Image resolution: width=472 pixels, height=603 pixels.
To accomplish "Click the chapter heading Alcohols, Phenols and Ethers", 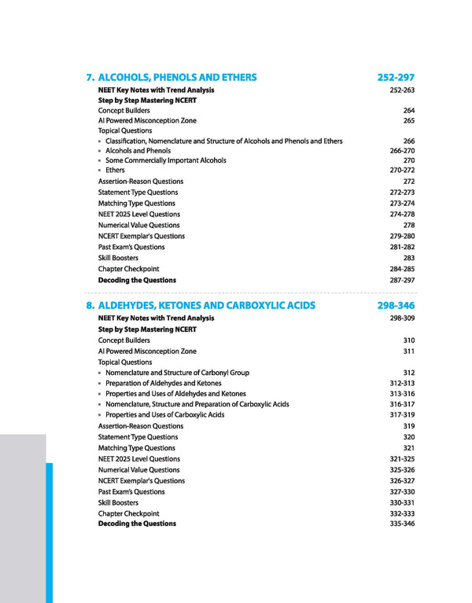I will (x=177, y=78).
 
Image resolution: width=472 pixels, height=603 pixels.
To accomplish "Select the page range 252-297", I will (x=396, y=78).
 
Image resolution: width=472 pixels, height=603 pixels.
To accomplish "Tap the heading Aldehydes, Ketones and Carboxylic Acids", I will (x=206, y=306).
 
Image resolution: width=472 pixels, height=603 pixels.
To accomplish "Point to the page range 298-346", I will (x=396, y=306).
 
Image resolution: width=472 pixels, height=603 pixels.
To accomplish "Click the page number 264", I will (x=408, y=111).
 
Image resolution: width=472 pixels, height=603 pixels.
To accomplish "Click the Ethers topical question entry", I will (x=115, y=171).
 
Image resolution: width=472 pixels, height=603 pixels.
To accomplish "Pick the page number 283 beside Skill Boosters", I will (x=408, y=258).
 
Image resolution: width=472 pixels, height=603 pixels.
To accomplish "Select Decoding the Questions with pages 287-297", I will (x=137, y=280).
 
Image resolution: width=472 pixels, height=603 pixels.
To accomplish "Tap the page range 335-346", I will (x=402, y=524).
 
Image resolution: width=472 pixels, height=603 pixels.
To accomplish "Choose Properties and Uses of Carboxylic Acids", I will (x=164, y=415).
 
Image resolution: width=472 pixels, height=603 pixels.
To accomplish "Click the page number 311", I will (x=408, y=351).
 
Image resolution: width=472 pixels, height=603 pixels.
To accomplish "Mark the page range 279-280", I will (x=402, y=236).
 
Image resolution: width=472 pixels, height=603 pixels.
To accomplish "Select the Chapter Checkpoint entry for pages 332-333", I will (x=128, y=513).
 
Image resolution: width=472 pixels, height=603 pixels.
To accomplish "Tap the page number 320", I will (x=408, y=437).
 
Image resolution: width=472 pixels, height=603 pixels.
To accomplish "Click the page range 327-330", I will (x=402, y=492).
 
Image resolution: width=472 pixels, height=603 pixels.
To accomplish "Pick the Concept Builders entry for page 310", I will (x=124, y=340).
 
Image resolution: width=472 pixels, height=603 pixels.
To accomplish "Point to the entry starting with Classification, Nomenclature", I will (x=223, y=142).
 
